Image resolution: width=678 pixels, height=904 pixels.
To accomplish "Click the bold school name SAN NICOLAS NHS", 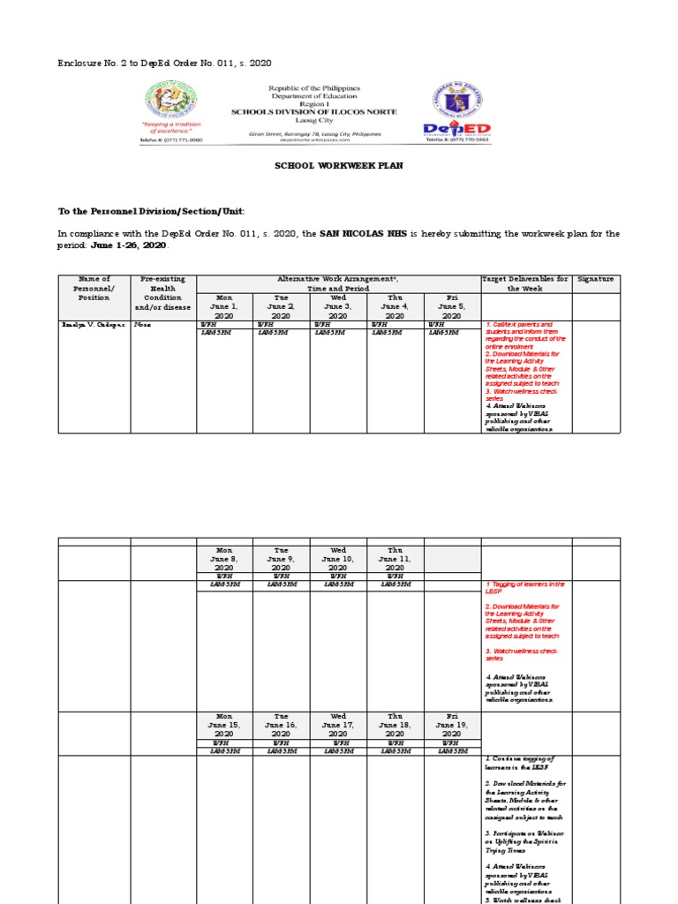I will [x=370, y=234].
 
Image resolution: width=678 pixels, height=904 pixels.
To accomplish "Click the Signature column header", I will [x=595, y=279].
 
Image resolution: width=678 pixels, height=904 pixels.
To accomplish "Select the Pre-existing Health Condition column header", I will [x=163, y=293].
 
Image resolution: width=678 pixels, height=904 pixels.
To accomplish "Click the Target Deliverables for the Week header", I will [x=525, y=283].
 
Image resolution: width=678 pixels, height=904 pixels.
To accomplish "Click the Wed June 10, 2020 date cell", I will [x=338, y=558].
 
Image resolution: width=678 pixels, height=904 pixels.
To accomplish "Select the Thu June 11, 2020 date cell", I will [x=395, y=558].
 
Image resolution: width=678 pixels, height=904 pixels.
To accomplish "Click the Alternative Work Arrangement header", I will [x=338, y=283].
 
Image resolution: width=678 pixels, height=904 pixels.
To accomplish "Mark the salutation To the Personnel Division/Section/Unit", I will [x=151, y=211].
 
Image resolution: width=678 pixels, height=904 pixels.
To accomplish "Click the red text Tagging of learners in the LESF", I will [x=524, y=588].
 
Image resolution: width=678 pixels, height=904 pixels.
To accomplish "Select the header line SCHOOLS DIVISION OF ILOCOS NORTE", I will [x=313, y=111].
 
